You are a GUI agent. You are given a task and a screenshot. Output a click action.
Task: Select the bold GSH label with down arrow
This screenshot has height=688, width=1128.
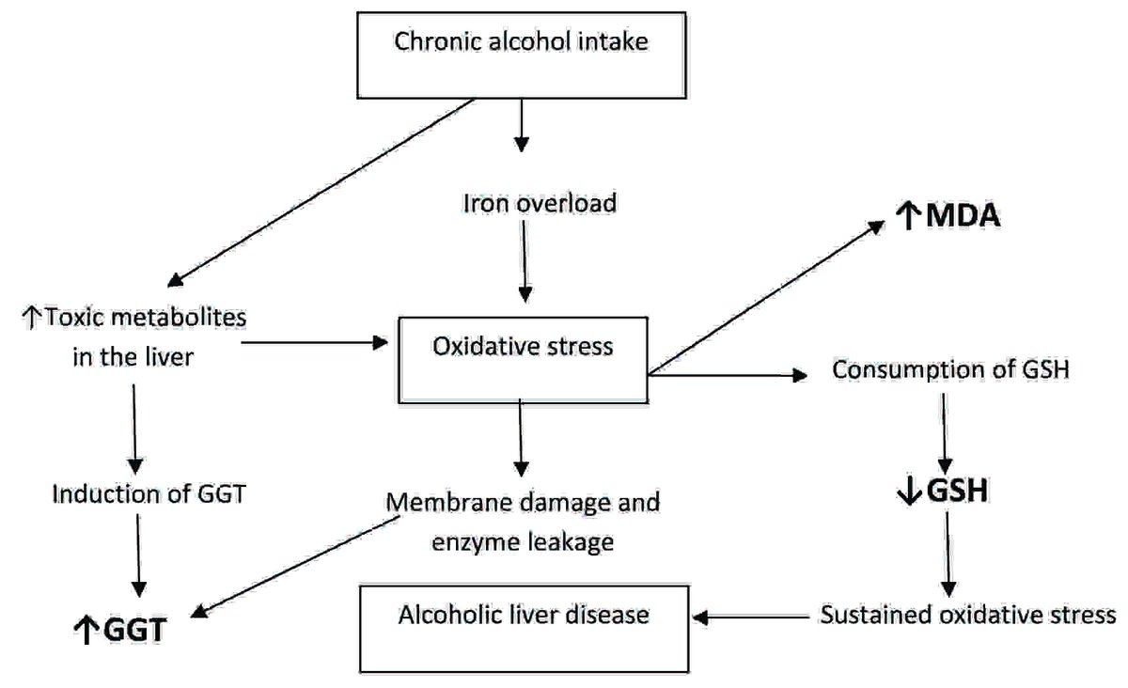click(943, 492)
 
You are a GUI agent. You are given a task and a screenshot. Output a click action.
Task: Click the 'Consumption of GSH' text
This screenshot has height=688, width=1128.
click(948, 370)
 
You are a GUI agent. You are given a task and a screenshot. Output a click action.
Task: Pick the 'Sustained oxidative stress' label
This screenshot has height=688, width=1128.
click(967, 616)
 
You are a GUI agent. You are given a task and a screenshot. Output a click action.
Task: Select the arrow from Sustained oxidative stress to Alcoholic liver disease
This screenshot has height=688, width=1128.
click(751, 618)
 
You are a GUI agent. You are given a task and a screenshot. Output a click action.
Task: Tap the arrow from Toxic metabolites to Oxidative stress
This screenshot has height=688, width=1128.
click(315, 343)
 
